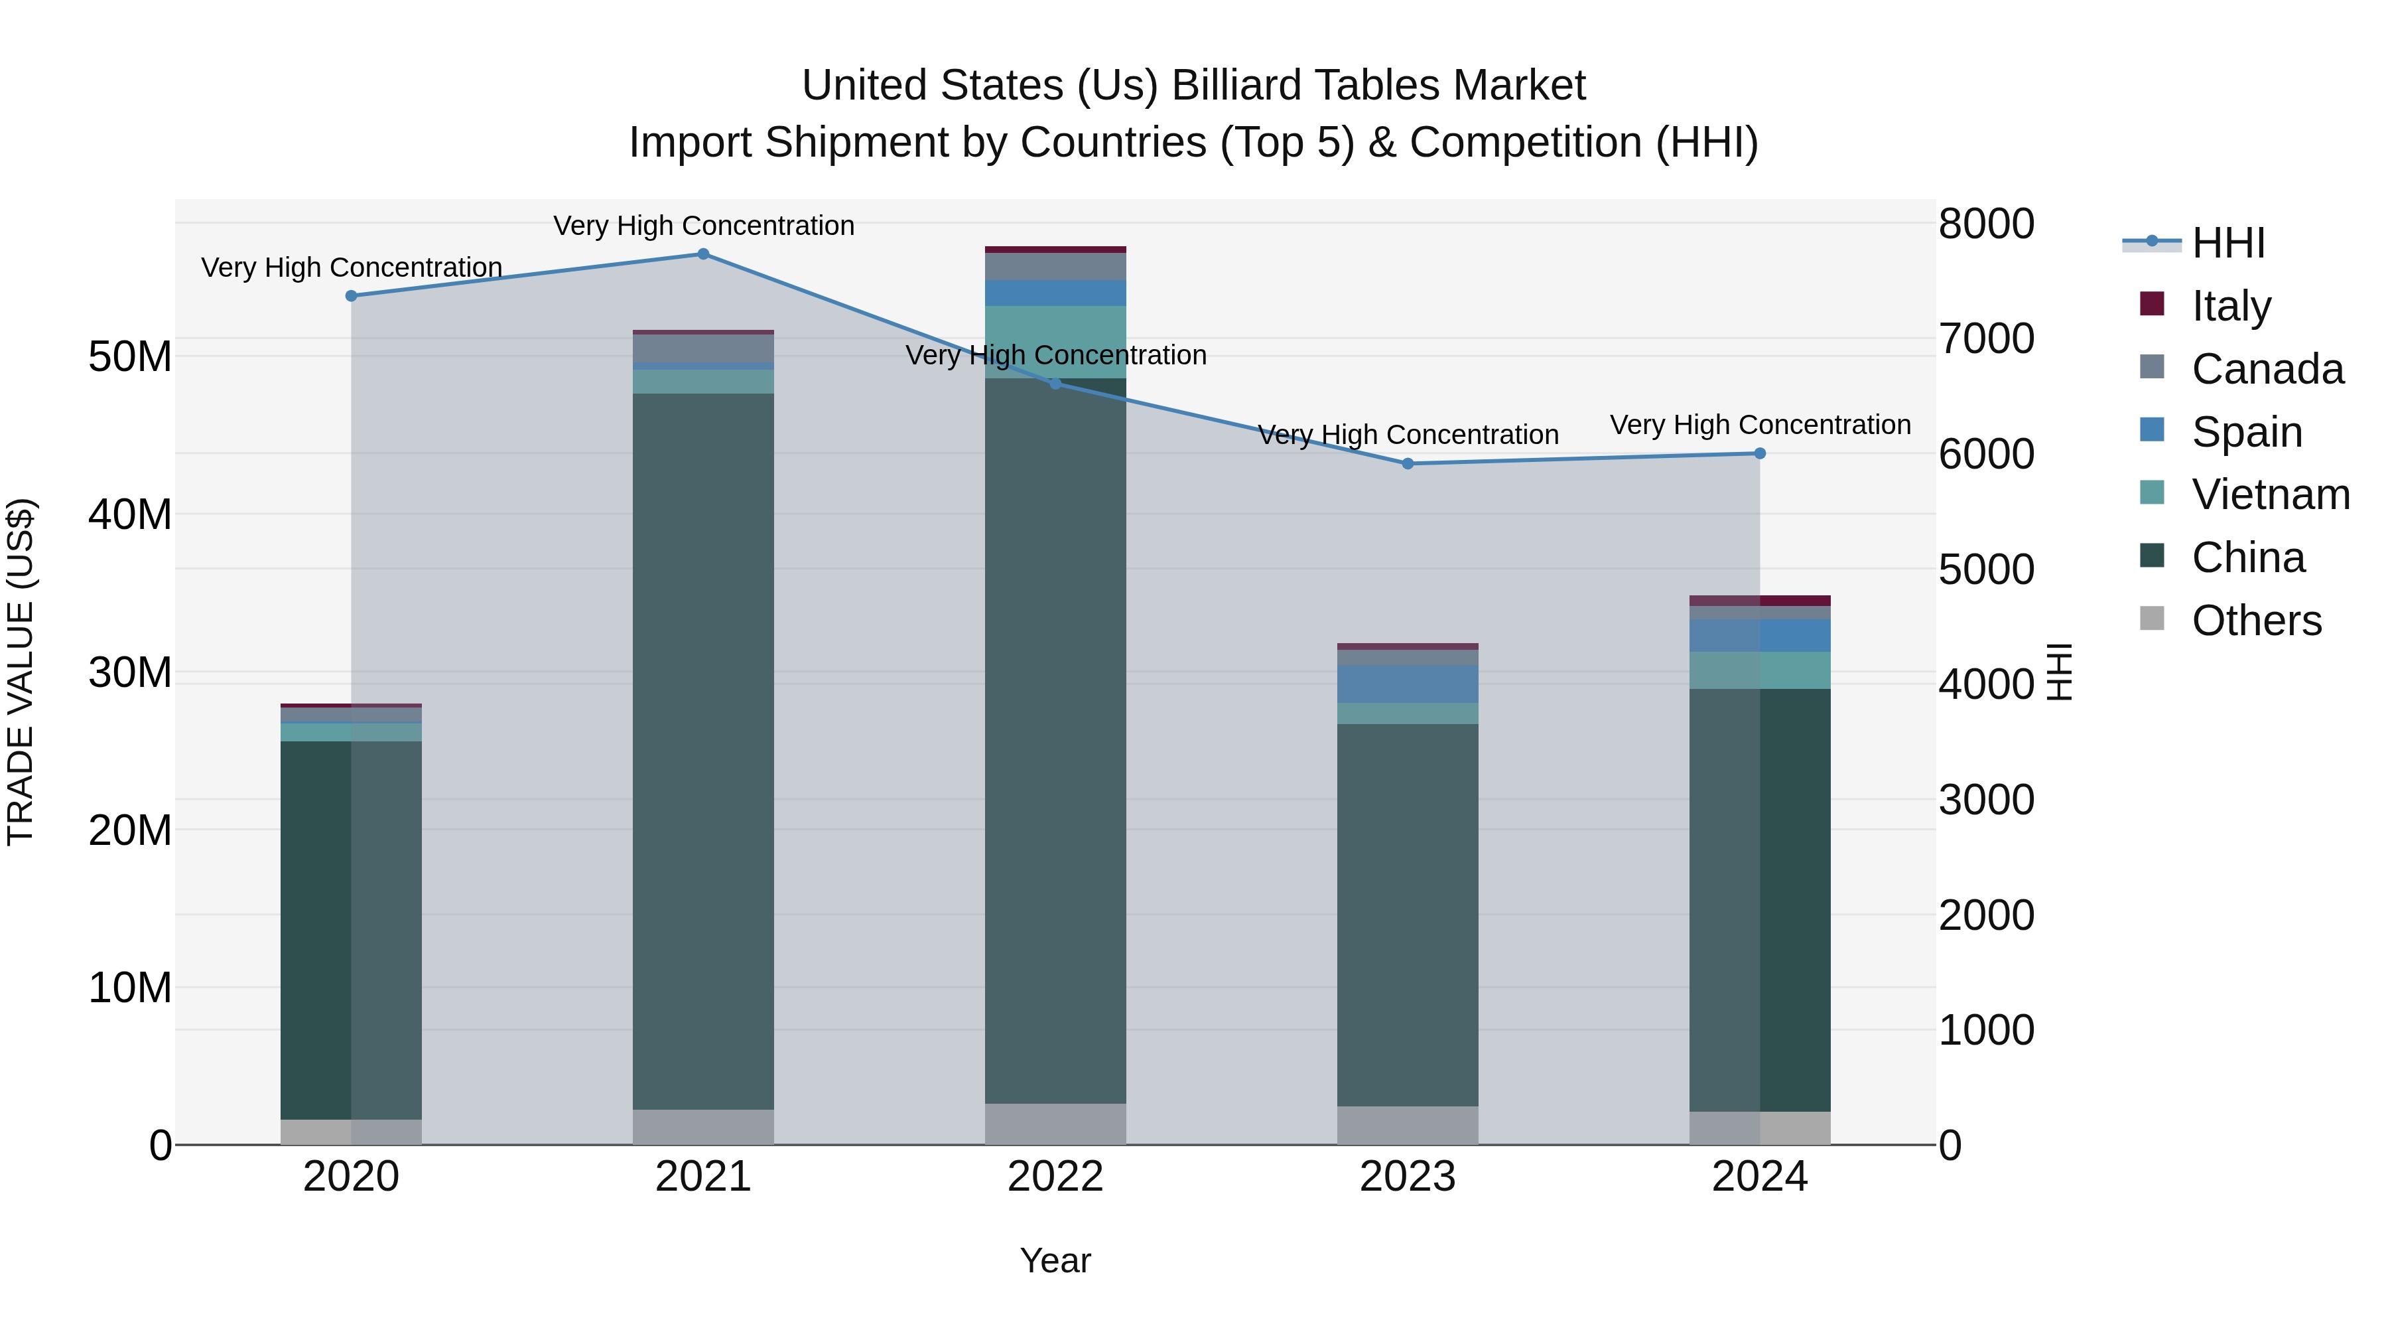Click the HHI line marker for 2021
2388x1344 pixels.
coord(702,254)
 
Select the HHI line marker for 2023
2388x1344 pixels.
coord(1407,464)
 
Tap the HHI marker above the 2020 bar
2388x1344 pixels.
coord(352,296)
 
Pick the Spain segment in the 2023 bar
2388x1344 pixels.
coord(1407,684)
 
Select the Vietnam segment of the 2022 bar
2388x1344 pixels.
coord(1055,341)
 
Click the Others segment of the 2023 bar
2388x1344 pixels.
coord(1407,1125)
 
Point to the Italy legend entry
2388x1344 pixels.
coord(2230,306)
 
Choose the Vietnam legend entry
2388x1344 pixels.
coord(2269,494)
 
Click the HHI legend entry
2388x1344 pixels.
coord(2227,243)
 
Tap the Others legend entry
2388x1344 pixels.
coord(2255,621)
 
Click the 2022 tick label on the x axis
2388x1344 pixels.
coord(1055,1177)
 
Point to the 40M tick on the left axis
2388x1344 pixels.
coord(130,514)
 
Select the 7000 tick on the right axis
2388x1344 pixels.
coord(1985,338)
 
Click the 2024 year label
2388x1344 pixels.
coord(1758,1177)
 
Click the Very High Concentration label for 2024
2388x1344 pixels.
coord(1759,425)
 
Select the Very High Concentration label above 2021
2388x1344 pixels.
coord(704,226)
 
